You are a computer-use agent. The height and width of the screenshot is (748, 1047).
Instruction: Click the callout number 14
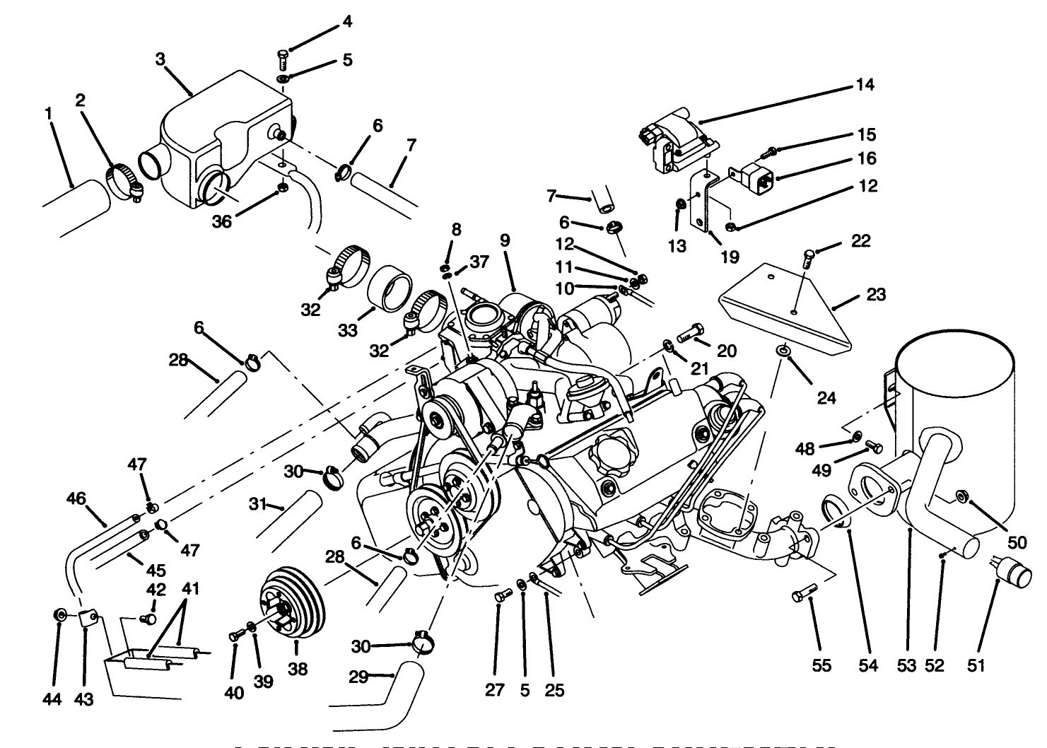point(865,85)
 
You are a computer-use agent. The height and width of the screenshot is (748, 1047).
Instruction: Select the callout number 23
point(875,294)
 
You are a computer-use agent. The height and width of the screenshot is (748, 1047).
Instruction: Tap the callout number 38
point(298,669)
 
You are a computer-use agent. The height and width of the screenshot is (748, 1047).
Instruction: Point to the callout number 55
point(821,666)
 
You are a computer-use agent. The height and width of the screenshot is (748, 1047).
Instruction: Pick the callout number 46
point(76,498)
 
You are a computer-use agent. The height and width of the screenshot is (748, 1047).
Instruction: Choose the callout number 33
point(348,331)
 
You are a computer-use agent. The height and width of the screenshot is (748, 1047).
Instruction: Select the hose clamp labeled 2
point(124,180)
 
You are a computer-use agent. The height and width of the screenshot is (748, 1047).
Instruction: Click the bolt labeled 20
point(690,332)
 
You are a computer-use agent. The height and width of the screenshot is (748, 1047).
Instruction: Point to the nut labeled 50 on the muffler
point(962,496)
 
